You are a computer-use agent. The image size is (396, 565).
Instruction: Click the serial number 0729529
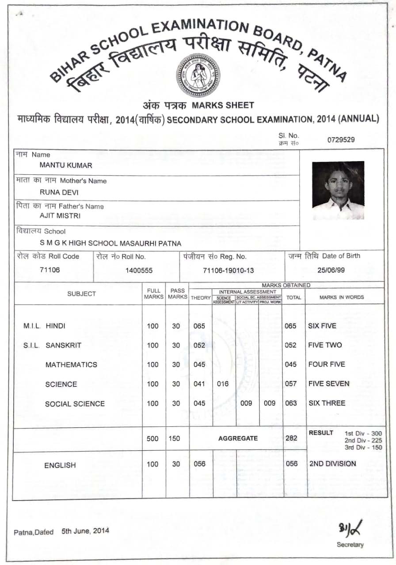[x=341, y=140]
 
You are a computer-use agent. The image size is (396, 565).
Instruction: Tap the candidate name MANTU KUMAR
[x=66, y=166]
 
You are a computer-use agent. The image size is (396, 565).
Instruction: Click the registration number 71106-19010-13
[x=228, y=271]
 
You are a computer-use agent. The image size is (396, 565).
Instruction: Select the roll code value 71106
[x=49, y=270]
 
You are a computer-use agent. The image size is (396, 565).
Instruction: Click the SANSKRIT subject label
[x=63, y=345]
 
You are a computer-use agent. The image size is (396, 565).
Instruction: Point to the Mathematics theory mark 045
[x=199, y=365]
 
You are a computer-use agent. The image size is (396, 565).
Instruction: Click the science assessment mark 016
[x=223, y=384]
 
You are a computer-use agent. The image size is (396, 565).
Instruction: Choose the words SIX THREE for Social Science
[x=327, y=403]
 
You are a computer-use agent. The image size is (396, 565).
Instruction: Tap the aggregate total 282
[x=291, y=438]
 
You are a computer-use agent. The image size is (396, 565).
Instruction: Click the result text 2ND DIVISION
[x=332, y=463]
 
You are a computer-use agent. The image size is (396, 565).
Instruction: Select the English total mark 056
[x=291, y=464]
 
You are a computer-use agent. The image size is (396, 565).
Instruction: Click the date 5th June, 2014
[x=85, y=531]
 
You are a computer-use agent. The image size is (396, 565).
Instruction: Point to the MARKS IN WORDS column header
[x=342, y=297]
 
